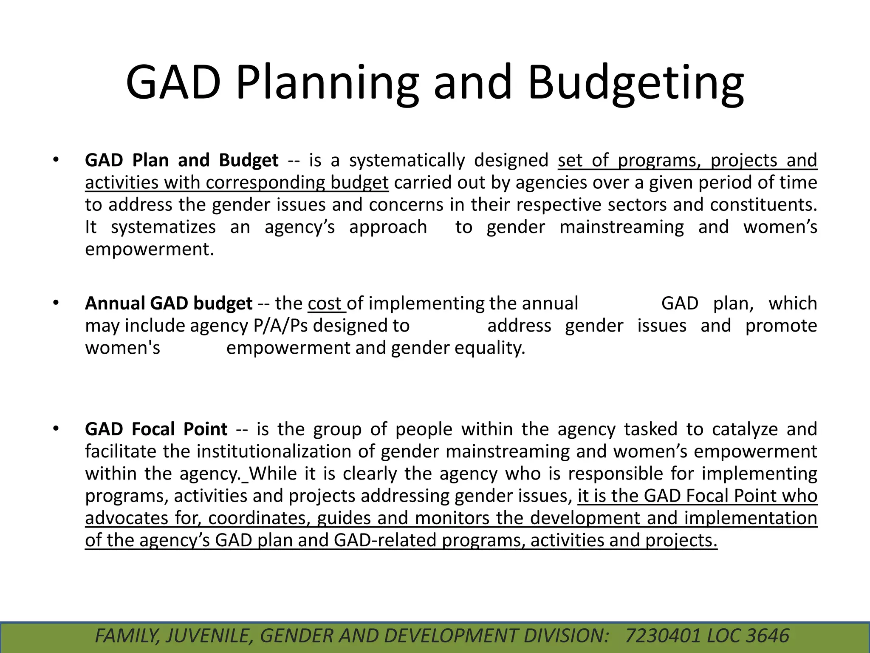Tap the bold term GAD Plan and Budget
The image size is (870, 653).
click(x=182, y=160)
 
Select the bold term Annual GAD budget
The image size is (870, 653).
click(x=169, y=304)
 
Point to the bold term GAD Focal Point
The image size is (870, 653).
click(x=156, y=429)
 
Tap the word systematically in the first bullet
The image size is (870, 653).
click(x=407, y=160)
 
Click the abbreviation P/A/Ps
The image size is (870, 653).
click(x=281, y=326)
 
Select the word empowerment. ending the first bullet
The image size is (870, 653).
click(x=149, y=249)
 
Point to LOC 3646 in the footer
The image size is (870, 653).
click(x=748, y=636)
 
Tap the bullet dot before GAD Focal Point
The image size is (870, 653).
click(x=55, y=429)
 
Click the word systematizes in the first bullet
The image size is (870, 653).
click(x=163, y=227)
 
